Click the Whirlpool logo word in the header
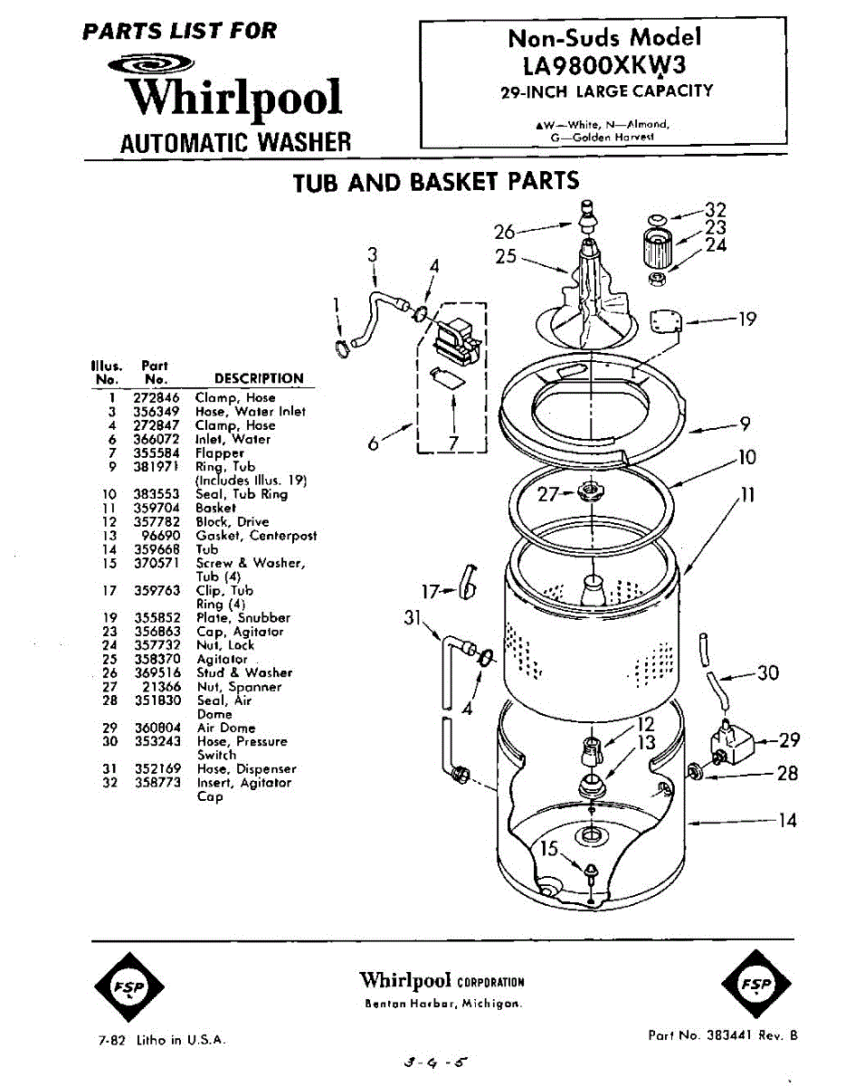(233, 98)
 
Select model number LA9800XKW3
(604, 65)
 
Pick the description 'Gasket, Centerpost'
(256, 536)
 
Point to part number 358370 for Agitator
(163, 660)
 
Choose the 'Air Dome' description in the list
(226, 728)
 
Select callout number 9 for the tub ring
(745, 423)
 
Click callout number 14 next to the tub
(786, 821)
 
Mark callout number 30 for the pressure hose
(766, 673)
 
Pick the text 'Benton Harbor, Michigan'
(442, 1004)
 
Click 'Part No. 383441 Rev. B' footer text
(723, 1035)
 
